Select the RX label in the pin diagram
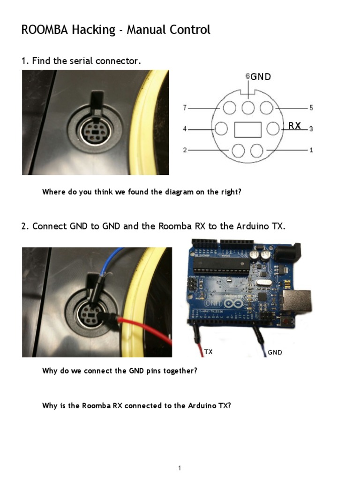pyautogui.click(x=294, y=126)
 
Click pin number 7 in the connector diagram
pyautogui.click(x=185, y=108)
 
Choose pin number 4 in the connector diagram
pyautogui.click(x=185, y=128)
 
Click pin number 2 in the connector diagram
pyautogui.click(x=185, y=150)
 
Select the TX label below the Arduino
pyautogui.click(x=208, y=352)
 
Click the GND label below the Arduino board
pyautogui.click(x=275, y=352)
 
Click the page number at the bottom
pyautogui.click(x=180, y=468)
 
